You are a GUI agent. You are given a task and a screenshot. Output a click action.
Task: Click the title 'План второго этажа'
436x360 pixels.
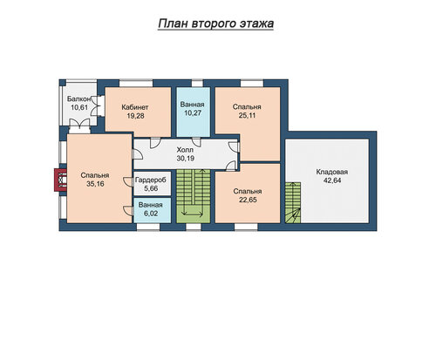215,24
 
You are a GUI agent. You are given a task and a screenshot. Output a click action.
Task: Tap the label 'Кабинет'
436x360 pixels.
135,107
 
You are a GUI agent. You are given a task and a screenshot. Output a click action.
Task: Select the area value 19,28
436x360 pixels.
135,116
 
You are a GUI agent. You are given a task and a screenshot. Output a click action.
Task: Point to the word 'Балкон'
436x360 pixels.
79,98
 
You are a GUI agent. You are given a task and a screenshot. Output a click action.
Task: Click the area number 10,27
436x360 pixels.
193,112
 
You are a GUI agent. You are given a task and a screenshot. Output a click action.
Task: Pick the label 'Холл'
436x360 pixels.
185,150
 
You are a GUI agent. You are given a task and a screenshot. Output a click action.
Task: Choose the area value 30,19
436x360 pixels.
186,159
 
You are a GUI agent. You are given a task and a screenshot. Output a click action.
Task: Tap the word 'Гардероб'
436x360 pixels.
151,180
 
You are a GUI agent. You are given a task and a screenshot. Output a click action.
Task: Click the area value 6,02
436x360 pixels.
151,214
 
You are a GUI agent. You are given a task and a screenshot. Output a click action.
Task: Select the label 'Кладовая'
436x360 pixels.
332,172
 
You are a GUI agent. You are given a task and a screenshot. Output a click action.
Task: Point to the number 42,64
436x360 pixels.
332,180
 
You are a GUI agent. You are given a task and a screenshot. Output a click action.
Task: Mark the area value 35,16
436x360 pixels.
95,184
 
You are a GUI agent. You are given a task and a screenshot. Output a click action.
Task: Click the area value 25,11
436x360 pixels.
247,115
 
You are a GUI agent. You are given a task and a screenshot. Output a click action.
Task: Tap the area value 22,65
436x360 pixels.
248,200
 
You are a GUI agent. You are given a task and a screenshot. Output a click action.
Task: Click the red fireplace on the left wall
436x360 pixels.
60,180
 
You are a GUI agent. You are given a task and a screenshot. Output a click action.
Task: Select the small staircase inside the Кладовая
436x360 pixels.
293,202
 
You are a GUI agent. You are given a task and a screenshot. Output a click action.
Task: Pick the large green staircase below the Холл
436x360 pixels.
194,196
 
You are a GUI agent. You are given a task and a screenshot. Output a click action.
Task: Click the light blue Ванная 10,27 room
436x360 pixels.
194,112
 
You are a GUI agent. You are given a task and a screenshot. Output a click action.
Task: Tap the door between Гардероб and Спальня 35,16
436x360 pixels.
128,181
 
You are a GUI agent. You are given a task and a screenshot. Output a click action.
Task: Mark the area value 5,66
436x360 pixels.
151,188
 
